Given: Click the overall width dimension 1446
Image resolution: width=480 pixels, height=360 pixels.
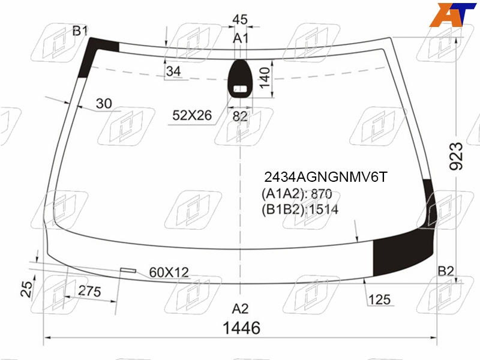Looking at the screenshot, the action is point(242,328).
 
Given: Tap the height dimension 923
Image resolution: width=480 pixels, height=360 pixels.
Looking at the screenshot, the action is point(456,156).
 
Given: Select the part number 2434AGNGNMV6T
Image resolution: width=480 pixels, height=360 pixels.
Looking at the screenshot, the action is point(326,177).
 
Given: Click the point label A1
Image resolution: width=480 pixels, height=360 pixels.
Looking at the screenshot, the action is point(241,38).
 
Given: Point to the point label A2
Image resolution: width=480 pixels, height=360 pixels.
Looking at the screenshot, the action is point(241,308).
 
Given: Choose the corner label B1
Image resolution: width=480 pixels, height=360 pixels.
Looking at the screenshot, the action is point(80,31).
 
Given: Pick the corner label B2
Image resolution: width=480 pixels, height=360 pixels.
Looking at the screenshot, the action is point(446,271).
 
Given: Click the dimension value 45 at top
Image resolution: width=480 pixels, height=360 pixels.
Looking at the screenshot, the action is point(240,20).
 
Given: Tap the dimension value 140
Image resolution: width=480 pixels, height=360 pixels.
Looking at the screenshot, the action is point(265,78).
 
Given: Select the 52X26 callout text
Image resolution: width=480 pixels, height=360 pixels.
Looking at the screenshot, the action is point(192,115).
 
